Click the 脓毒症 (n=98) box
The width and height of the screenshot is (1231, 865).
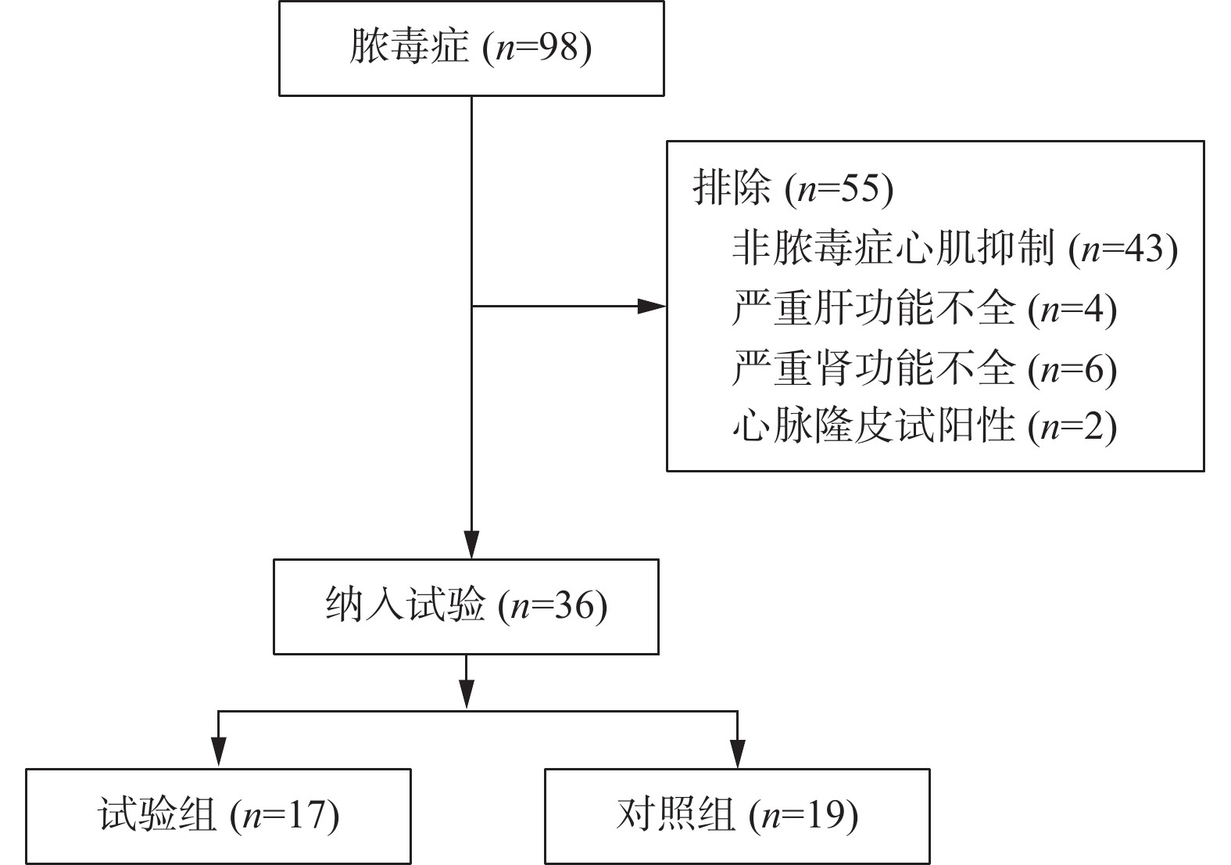(471, 48)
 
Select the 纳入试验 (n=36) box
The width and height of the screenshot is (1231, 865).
(466, 606)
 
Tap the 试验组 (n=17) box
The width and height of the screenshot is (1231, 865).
(218, 816)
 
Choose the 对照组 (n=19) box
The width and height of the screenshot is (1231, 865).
(737, 816)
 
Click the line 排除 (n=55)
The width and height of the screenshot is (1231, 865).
(793, 188)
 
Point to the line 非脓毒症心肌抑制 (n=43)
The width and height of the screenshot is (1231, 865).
(954, 248)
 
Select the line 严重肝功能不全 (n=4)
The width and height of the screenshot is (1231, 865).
(924, 308)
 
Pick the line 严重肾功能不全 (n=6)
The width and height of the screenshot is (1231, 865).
(924, 368)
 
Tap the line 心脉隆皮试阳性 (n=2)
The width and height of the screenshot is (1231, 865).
(924, 427)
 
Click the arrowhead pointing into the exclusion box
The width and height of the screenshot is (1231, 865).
(653, 307)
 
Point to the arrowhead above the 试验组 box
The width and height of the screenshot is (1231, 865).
(219, 753)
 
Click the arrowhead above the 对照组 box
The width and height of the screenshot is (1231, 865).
(737, 753)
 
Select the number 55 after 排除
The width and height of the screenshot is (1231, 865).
(861, 188)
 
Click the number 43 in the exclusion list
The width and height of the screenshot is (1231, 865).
(1145, 248)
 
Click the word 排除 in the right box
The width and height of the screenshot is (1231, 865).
(732, 188)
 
